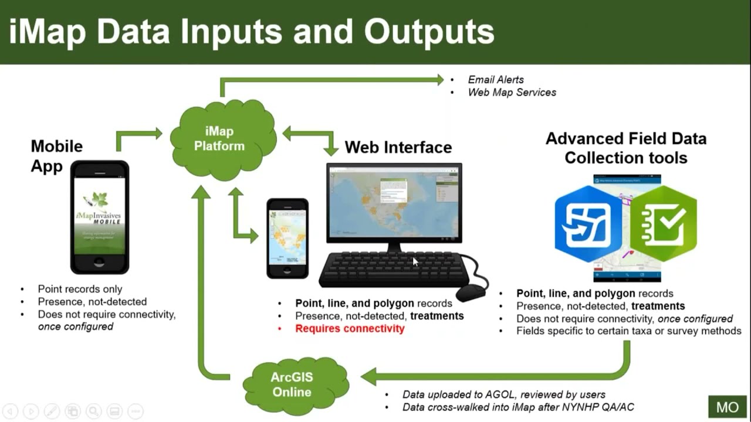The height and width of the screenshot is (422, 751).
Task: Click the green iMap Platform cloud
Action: click(x=222, y=139)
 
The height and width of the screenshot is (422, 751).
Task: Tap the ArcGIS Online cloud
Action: click(x=292, y=384)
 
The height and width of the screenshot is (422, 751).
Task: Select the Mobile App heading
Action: click(x=56, y=155)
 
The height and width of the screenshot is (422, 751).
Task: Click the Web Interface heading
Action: click(x=398, y=147)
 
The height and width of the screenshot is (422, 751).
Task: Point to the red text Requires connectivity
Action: click(x=350, y=329)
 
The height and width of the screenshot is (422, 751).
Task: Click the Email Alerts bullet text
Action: click(x=496, y=80)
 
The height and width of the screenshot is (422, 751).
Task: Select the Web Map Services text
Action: click(x=512, y=93)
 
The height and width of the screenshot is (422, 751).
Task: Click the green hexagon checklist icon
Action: click(x=663, y=223)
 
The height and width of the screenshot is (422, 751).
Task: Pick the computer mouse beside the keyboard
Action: click(x=471, y=291)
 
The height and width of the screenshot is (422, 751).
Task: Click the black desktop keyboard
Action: click(x=393, y=269)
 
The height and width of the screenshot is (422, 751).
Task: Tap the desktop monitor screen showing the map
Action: click(x=394, y=202)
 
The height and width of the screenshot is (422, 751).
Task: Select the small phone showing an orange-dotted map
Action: click(x=287, y=237)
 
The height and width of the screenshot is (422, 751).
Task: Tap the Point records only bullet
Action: click(x=80, y=289)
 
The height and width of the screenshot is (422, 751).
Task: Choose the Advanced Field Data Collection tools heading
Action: click(x=625, y=148)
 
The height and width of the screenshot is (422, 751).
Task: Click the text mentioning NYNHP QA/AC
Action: click(x=518, y=407)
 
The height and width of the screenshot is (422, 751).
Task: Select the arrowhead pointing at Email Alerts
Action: click(x=438, y=80)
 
